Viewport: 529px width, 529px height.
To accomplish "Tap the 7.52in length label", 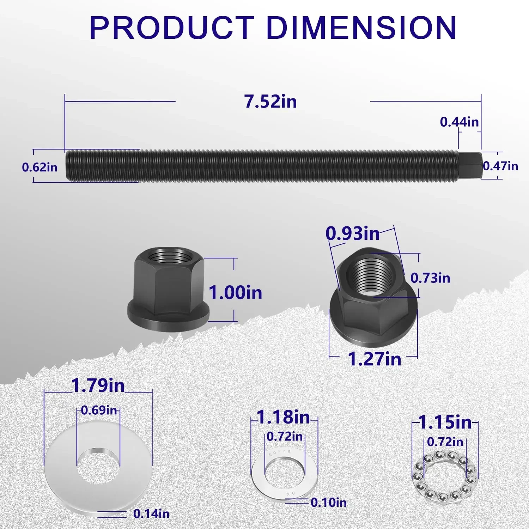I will (x=270, y=102).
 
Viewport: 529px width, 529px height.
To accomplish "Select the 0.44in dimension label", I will (x=459, y=122).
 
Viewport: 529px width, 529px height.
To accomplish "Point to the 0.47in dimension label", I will (x=500, y=166).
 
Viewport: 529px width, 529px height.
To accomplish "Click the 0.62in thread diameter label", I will (x=39, y=167).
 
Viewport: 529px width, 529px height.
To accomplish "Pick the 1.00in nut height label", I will (x=235, y=293).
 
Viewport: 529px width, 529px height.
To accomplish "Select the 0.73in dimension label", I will (x=430, y=278).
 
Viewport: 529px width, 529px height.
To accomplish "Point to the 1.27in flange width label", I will (x=375, y=359).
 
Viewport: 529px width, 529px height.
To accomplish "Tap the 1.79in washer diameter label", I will (x=98, y=385).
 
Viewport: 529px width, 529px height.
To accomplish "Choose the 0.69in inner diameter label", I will (x=99, y=410).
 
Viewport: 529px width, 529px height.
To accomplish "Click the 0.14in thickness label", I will (x=151, y=514).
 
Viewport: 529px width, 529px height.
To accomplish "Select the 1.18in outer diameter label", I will (x=284, y=417).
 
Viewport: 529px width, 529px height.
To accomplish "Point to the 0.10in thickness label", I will (x=329, y=503).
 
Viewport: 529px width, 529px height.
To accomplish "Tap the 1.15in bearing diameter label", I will (x=445, y=422).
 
